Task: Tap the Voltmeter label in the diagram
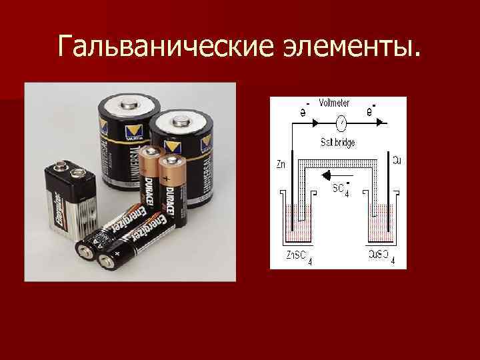(335, 103)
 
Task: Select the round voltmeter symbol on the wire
(341, 123)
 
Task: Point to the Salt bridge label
(338, 142)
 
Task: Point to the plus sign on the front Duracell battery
(166, 179)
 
